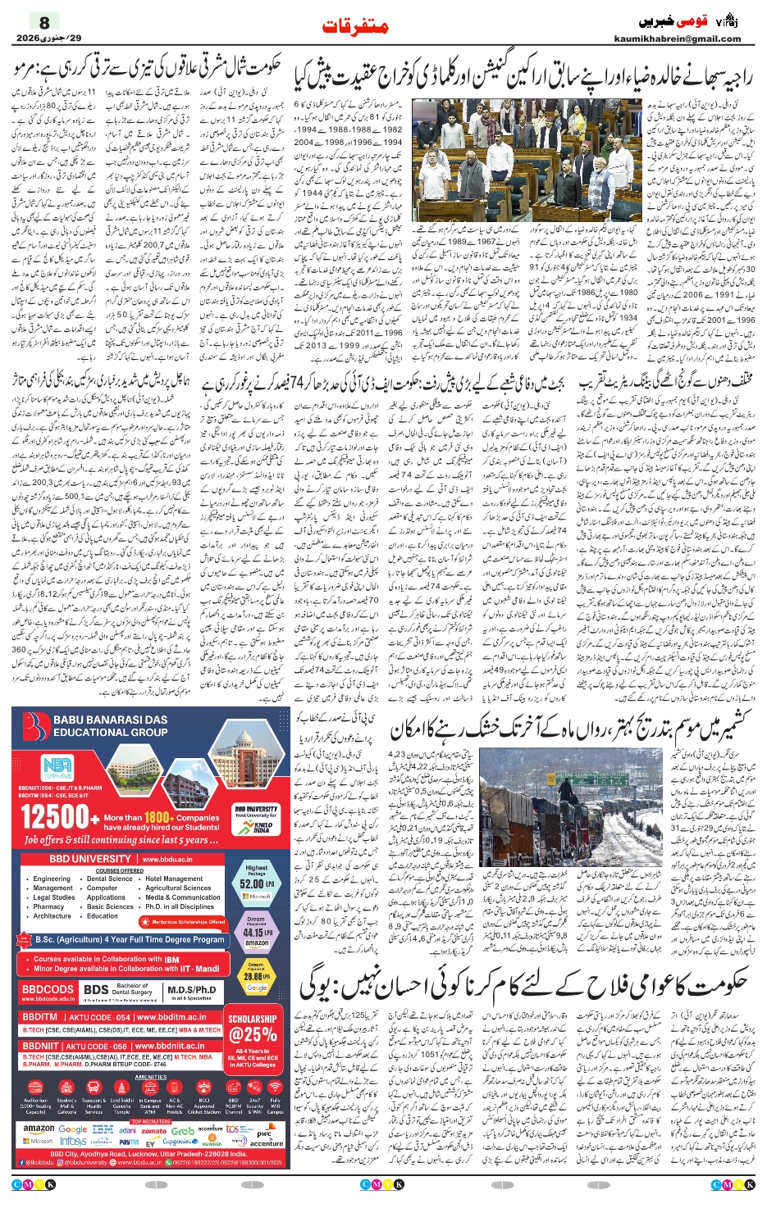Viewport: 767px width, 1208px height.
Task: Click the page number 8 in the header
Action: pyautogui.click(x=44, y=22)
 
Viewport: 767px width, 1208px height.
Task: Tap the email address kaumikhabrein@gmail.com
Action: pyautogui.click(x=677, y=39)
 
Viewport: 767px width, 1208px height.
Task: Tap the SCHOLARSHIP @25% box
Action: pyautogui.click(x=252, y=1029)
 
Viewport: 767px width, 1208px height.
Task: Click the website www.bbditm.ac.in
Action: pyautogui.click(x=173, y=1017)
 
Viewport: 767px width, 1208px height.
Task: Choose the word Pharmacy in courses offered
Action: pyautogui.click(x=48, y=907)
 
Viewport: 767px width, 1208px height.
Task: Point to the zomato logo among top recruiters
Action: pyautogui.click(x=153, y=1130)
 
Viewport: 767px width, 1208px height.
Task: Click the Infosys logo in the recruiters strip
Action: pyautogui.click(x=73, y=1141)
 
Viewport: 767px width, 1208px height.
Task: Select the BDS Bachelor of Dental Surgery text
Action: pyautogui.click(x=120, y=990)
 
